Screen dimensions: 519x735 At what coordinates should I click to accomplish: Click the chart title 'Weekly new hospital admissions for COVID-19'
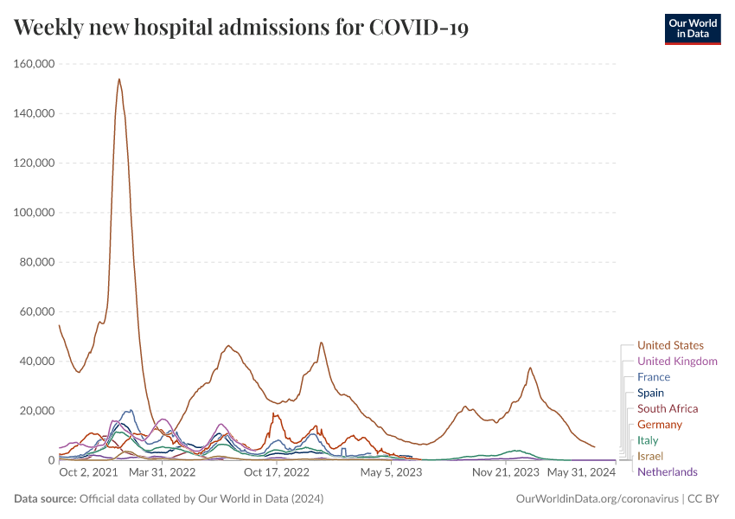[241, 28]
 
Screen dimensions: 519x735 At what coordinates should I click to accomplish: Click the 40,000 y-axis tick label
[35, 362]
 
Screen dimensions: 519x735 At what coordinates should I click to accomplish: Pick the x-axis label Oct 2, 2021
[88, 472]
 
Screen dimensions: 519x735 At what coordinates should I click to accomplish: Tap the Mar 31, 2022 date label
[164, 472]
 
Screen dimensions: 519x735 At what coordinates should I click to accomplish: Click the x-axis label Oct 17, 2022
[276, 472]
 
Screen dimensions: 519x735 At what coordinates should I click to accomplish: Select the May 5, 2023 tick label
[391, 472]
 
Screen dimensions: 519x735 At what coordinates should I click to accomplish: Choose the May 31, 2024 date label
[582, 472]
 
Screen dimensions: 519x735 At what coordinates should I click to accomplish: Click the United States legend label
[670, 345]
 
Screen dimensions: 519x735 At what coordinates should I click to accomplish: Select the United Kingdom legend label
[677, 362]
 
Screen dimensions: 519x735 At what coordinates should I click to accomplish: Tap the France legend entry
[653, 377]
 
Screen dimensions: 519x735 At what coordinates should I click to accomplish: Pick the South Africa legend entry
[668, 408]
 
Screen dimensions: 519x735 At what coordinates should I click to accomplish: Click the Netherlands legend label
[667, 471]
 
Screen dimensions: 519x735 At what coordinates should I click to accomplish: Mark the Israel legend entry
[649, 456]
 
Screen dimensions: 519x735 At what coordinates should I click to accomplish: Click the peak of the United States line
[118, 79]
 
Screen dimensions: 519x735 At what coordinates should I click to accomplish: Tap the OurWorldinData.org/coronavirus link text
[597, 499]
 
